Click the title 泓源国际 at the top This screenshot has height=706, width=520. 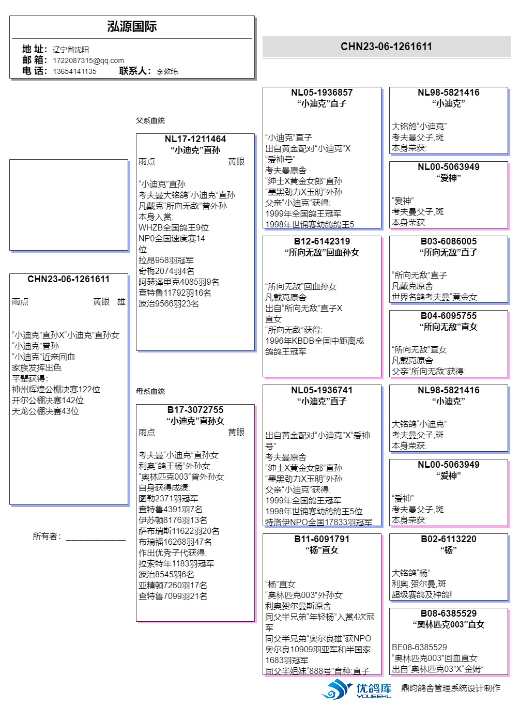coord(132,27)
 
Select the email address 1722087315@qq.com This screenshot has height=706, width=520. coord(88,60)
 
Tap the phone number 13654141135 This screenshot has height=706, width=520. coord(74,71)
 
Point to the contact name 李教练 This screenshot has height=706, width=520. coord(167,71)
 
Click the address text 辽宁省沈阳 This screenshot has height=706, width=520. coord(71,50)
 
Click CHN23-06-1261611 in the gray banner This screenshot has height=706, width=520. coord(386,47)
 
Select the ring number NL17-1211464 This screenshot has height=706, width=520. coord(195,139)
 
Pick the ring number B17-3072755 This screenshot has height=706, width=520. coord(195,410)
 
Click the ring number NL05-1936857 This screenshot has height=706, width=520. coord(322,93)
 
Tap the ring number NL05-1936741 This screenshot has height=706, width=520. coord(322,390)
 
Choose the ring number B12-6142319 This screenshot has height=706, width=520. coord(322,241)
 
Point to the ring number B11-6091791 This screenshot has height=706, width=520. coord(322,539)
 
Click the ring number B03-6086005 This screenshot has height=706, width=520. coord(448,241)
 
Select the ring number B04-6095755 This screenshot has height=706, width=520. coord(448,316)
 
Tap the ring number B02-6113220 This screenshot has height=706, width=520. coord(448,539)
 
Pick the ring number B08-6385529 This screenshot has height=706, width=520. coord(448,613)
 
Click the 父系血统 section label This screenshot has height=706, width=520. coord(150,120)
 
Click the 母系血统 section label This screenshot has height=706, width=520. coord(150,391)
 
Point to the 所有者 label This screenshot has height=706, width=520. coord(47,536)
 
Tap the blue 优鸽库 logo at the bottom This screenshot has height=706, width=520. coord(357,689)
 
